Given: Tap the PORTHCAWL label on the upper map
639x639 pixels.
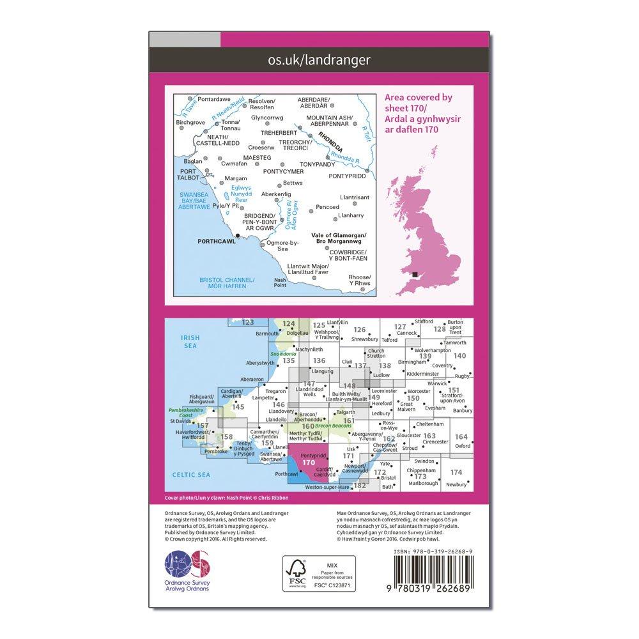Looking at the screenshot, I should pyautogui.click(x=213, y=242).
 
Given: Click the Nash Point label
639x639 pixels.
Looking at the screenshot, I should pyautogui.click(x=280, y=282).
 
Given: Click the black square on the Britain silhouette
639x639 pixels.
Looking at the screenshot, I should pyautogui.click(x=415, y=275).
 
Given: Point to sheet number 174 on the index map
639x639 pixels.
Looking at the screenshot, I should pyautogui.click(x=456, y=472).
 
